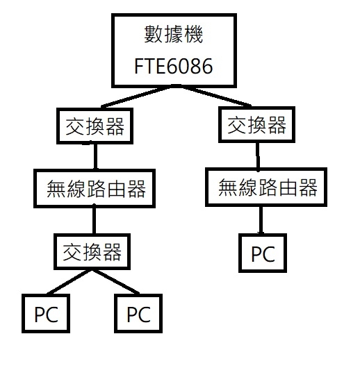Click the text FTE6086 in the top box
(174, 66)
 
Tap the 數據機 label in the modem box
(174, 34)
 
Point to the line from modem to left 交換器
(138, 97)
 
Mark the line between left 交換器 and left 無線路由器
(95, 156)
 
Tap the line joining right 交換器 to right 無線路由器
(258, 156)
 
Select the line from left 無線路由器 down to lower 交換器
(94, 221)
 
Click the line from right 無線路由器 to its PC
(261, 220)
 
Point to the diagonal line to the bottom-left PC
(69, 282)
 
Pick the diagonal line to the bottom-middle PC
(115, 282)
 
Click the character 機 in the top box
(193, 34)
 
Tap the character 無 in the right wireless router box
(228, 187)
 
